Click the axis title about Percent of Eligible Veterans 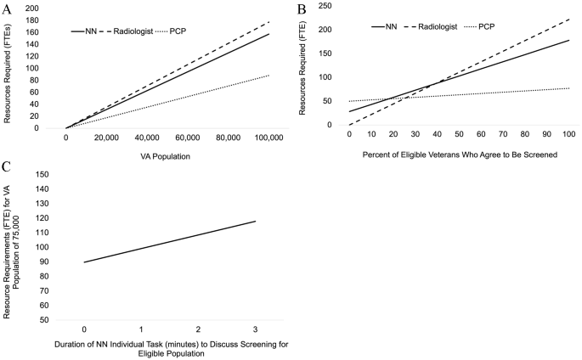click(x=459, y=155)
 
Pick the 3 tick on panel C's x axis click(x=255, y=328)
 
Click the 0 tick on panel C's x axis click(x=83, y=328)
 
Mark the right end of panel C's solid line click(x=255, y=221)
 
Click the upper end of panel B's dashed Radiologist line click(x=568, y=18)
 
